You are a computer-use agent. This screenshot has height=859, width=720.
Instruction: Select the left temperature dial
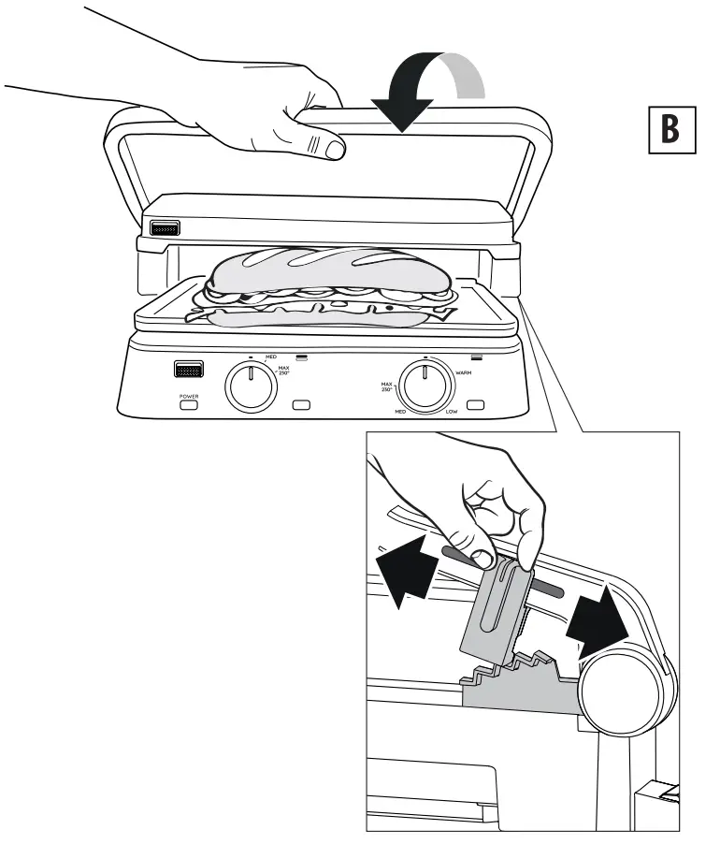click(250, 386)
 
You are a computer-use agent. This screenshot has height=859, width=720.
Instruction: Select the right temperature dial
click(424, 386)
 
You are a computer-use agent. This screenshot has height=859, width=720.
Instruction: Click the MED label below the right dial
click(398, 410)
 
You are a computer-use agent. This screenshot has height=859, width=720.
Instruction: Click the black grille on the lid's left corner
click(164, 227)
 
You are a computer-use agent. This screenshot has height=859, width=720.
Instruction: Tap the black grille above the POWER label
click(189, 370)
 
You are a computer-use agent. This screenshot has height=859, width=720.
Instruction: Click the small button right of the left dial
click(301, 405)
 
